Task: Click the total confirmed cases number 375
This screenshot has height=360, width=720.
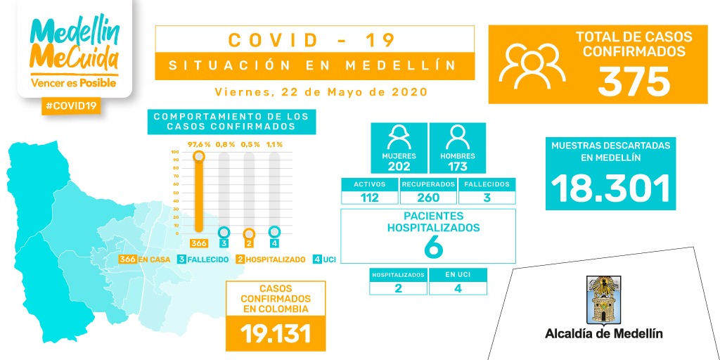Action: [x=634, y=82]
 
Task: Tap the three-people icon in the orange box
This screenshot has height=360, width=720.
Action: [x=532, y=65]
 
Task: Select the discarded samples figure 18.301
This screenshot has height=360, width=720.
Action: [x=610, y=188]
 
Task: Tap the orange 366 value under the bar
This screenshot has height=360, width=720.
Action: [x=198, y=243]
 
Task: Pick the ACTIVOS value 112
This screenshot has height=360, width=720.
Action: [x=369, y=198]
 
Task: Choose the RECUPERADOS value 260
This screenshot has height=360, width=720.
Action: [x=427, y=198]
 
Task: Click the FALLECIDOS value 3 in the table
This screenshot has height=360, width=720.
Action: [x=486, y=198]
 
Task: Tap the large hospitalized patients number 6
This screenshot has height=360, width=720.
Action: [x=433, y=247]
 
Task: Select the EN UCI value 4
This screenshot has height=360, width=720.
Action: [x=458, y=288]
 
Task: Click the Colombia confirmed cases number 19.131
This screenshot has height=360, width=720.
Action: [x=275, y=333]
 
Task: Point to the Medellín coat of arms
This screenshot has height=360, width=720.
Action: [x=603, y=299]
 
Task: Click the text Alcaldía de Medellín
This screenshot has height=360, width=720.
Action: [x=603, y=333]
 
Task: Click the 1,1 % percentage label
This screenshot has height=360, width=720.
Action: [x=274, y=144]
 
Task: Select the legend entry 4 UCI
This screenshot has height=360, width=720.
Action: [x=325, y=259]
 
